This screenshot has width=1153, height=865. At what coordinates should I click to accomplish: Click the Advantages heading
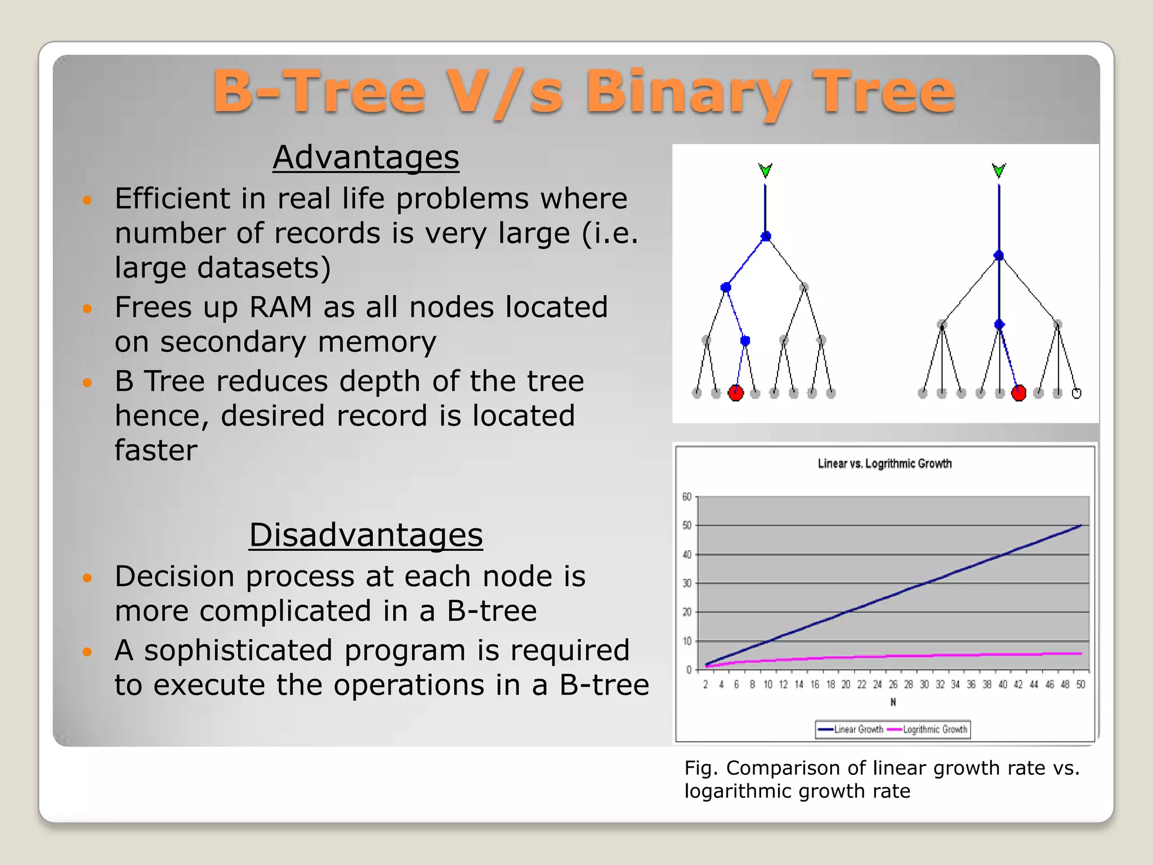(366, 157)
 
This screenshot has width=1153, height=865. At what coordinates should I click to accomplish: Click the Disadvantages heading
(366, 535)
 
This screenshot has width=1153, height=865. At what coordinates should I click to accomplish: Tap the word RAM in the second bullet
(280, 307)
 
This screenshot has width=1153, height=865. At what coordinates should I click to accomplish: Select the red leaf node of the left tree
(736, 393)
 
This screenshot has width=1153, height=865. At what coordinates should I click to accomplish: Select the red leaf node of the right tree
(1018, 393)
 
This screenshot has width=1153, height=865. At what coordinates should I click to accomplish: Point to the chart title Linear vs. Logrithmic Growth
(884, 464)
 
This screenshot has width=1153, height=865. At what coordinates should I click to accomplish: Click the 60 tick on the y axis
(687, 497)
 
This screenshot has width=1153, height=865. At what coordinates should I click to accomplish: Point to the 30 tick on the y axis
(687, 583)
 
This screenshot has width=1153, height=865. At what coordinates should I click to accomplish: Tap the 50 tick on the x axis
(1080, 685)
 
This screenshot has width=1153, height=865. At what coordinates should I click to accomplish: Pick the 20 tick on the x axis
(846, 685)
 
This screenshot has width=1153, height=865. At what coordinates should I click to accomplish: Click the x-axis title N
(893, 702)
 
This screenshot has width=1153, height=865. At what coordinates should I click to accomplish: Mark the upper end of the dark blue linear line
(1080, 525)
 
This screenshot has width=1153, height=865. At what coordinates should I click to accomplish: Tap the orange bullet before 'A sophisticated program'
(87, 652)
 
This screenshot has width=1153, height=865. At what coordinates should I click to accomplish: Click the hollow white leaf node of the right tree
(1076, 394)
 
